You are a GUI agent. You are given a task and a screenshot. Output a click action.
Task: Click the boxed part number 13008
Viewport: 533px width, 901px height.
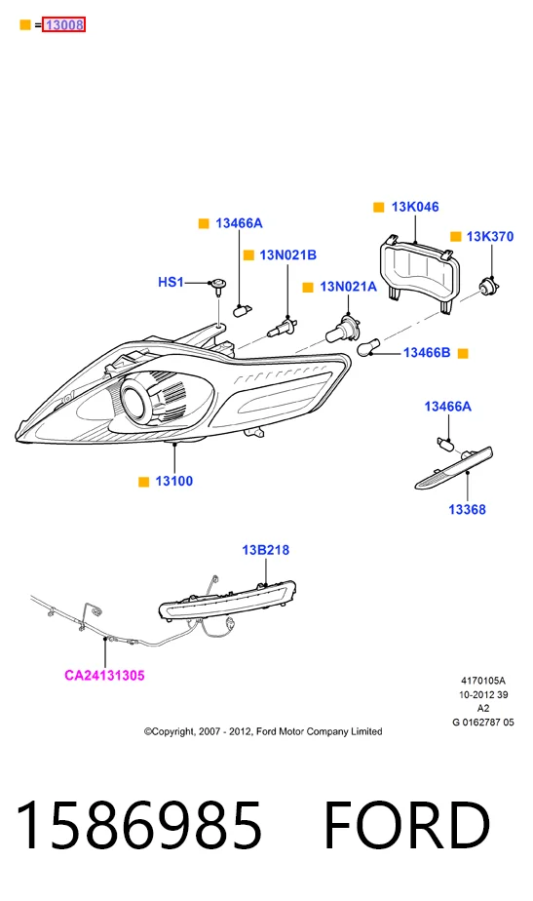(63, 24)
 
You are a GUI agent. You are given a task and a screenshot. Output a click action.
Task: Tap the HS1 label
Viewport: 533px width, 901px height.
(171, 282)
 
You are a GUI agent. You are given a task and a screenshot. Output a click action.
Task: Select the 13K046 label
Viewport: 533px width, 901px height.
(415, 207)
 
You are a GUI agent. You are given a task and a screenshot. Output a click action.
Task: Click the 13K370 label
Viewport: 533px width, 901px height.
(490, 236)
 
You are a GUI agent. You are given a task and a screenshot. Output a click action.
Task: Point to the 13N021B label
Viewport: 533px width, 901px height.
(287, 255)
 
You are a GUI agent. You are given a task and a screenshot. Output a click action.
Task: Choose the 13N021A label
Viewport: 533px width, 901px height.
(348, 286)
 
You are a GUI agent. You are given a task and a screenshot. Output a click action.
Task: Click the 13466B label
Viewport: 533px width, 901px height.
(427, 352)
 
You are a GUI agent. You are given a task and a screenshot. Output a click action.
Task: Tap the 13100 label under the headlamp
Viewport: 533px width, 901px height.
(174, 481)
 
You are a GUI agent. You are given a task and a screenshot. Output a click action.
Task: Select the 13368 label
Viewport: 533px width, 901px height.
(467, 509)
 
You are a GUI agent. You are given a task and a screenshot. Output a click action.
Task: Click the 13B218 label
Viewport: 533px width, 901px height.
(265, 550)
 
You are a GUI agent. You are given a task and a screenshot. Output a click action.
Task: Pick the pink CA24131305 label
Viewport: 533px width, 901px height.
(104, 675)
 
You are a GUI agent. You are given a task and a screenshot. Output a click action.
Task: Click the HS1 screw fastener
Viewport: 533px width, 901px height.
(217, 286)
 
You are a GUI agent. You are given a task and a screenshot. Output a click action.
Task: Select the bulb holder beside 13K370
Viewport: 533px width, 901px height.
(490, 285)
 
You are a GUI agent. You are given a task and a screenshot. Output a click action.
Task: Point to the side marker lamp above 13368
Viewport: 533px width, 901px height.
(454, 468)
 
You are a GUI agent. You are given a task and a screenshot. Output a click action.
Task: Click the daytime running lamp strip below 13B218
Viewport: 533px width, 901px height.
(227, 600)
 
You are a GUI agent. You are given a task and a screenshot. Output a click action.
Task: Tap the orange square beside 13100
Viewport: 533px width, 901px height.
(143, 482)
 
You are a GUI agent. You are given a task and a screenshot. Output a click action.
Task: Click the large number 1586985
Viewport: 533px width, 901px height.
(138, 825)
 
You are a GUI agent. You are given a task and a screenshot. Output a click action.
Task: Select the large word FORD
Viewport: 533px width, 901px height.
(407, 825)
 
